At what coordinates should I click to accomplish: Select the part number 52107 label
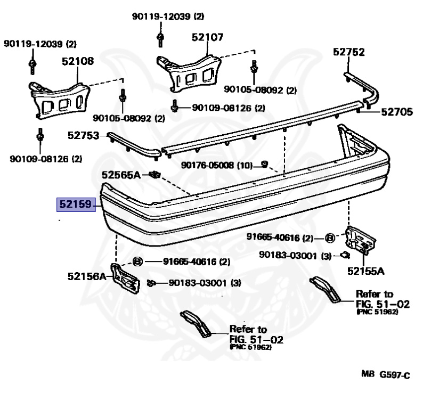[x=207, y=38]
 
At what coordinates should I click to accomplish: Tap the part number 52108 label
[x=77, y=61]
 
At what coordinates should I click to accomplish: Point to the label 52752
[x=349, y=52]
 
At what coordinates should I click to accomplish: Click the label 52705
[x=397, y=112]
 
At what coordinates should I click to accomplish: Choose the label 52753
[x=83, y=136]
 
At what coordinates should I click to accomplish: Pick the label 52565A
[x=121, y=174]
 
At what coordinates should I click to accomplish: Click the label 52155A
[x=365, y=271]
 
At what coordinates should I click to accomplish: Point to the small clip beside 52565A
[x=154, y=174]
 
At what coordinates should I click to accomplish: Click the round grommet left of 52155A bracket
[x=329, y=238]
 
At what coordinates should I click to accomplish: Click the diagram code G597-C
[x=394, y=375]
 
